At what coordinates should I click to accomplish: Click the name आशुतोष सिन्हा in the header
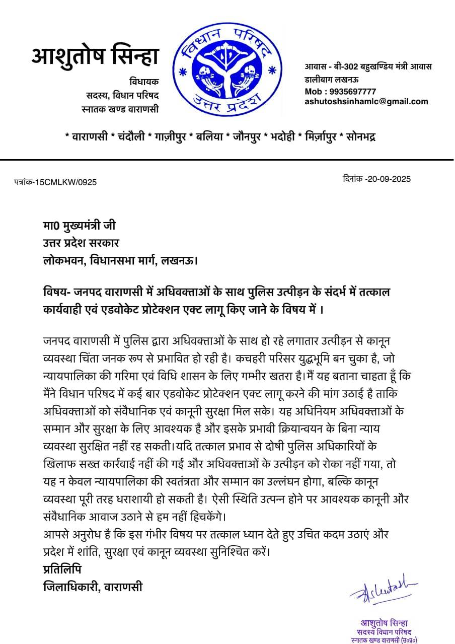[95, 56]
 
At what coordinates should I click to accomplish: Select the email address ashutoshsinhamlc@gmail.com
[366, 101]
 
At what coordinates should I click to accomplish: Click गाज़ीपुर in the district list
[170, 137]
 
